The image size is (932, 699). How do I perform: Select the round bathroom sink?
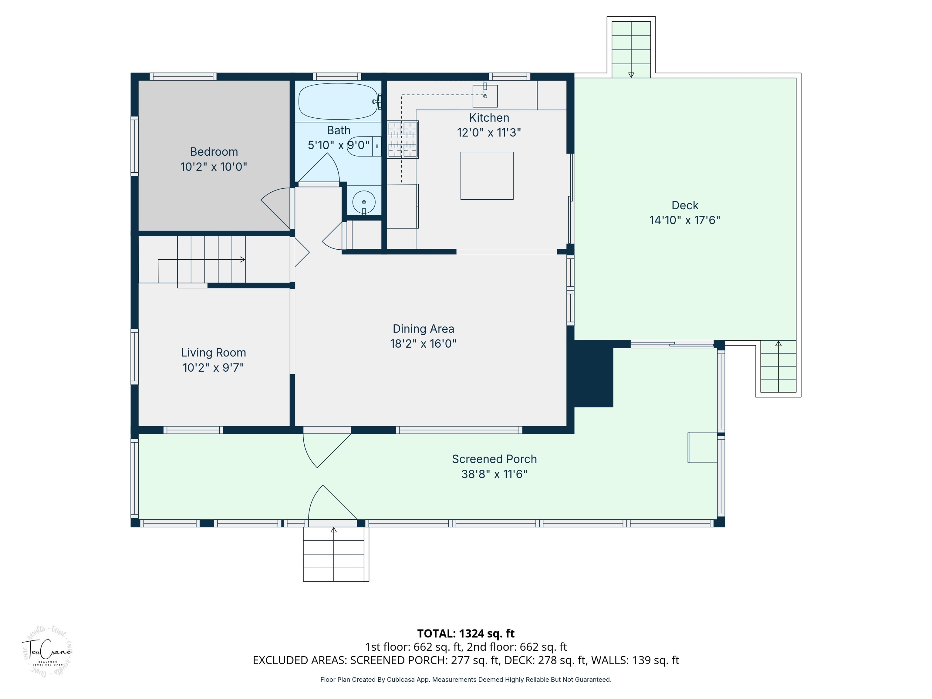[364, 202]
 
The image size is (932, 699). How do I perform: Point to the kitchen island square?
[487, 176]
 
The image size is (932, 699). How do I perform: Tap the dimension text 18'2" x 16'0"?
[423, 344]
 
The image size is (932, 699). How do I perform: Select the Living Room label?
[213, 353]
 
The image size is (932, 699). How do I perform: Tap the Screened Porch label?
[494, 459]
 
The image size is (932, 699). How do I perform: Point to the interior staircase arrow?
[242, 259]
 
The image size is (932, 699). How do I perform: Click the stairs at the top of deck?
[631, 49]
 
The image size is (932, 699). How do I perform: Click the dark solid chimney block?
[592, 375]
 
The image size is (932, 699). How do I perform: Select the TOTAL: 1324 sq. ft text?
[466, 633]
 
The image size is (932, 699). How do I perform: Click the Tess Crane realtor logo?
[46, 651]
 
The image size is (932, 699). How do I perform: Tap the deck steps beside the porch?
[778, 366]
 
